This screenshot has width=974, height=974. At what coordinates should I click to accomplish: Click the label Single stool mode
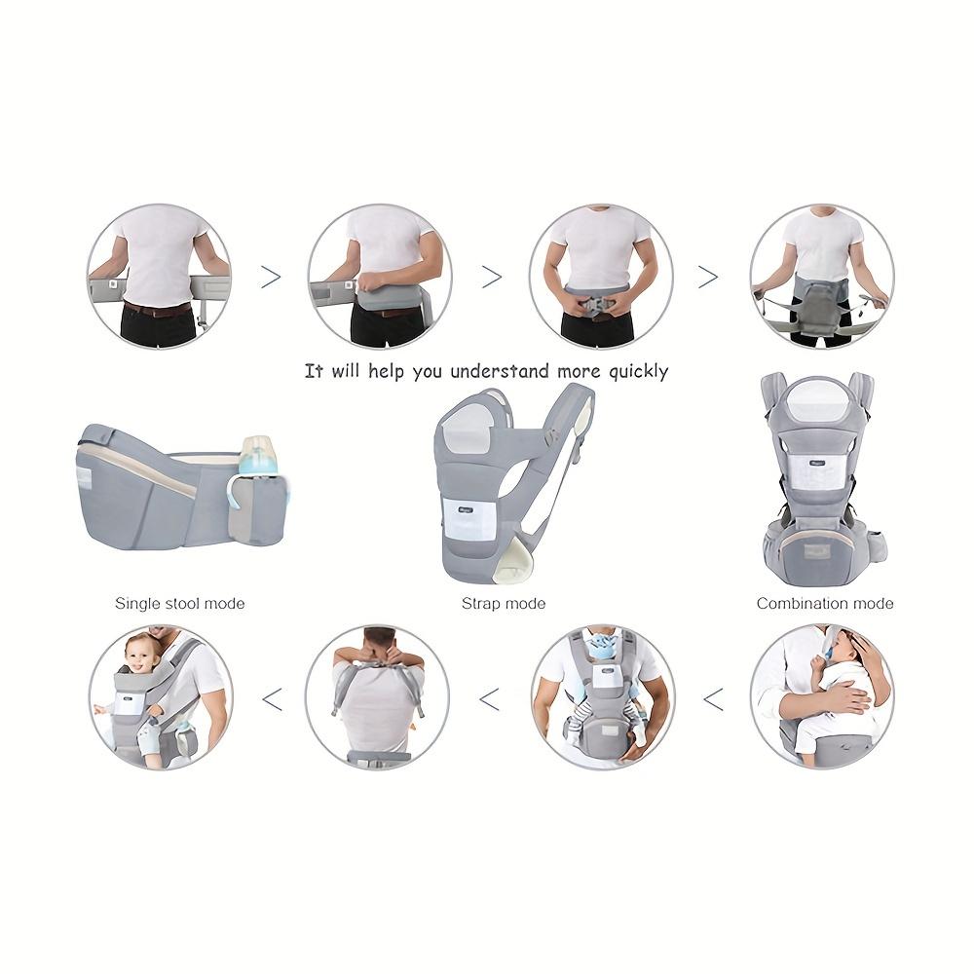[x=179, y=603]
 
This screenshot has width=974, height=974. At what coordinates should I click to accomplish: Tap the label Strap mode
[x=504, y=603]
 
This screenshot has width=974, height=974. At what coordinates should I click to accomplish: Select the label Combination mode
[x=825, y=603]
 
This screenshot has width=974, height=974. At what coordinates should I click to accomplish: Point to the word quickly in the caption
[x=639, y=372]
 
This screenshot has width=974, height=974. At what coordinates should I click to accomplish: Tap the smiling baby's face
[x=139, y=655]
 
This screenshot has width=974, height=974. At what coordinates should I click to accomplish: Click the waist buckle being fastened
[x=599, y=307]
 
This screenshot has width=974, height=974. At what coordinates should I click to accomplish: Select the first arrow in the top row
[x=270, y=277]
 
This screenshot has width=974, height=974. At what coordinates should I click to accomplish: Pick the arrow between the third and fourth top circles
[x=708, y=277]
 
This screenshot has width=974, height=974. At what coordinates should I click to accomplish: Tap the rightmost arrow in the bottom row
[x=713, y=700]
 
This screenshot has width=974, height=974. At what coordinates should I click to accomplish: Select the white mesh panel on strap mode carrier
[x=469, y=517]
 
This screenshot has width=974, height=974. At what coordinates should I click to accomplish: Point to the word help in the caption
[x=385, y=371]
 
